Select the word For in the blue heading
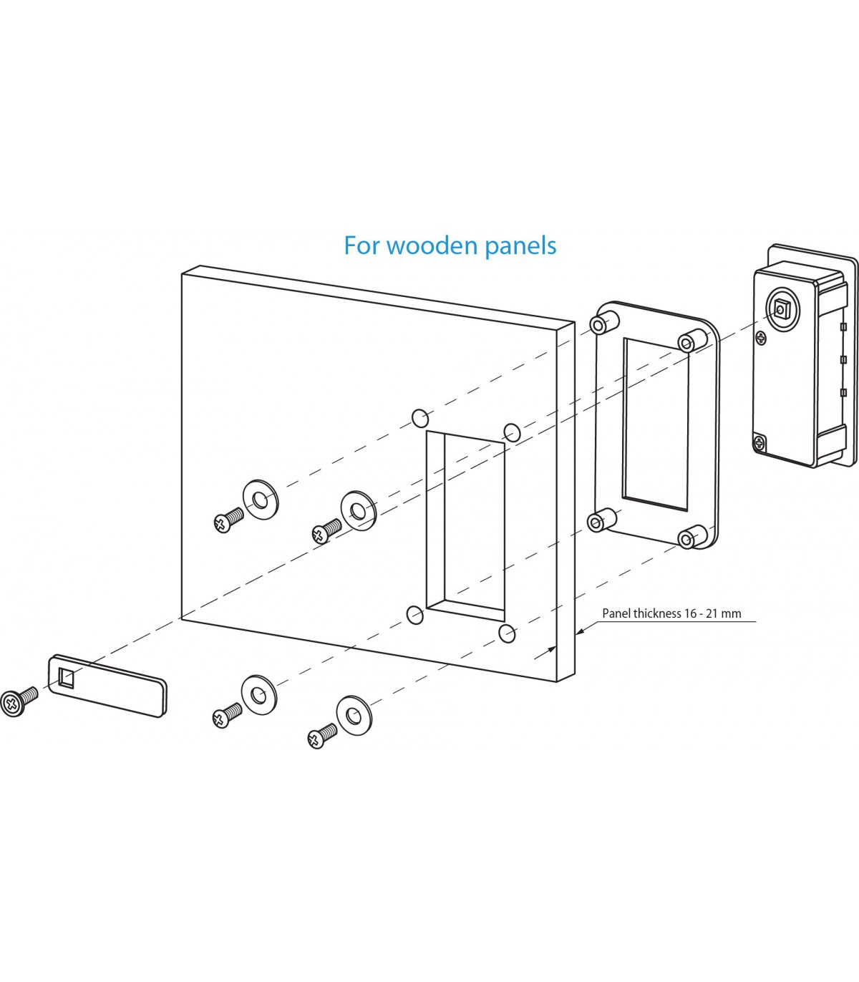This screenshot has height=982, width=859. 361,245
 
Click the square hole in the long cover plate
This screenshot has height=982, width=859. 66,676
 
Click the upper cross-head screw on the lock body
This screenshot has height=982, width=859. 760,338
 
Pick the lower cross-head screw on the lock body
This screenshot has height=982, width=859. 759,443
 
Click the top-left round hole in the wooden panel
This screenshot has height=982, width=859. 420,417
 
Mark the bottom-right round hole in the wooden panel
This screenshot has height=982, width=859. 507,633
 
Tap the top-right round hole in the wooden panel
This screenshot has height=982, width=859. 512,432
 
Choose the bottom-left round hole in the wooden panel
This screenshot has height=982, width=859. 414,614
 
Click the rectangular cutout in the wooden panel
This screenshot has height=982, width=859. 466,526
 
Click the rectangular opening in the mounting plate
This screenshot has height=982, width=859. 656,424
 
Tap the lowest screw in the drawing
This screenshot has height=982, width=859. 321,736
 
